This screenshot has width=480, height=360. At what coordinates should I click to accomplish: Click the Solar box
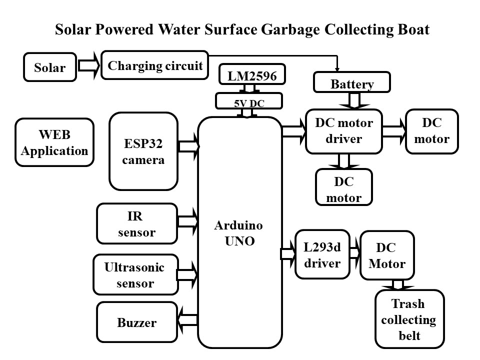[50, 67]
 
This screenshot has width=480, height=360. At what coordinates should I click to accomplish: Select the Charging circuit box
[154, 65]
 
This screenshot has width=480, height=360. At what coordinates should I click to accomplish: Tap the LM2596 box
[252, 75]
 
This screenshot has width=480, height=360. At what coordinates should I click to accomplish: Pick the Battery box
[352, 83]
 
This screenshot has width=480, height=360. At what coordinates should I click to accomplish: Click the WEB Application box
[54, 142]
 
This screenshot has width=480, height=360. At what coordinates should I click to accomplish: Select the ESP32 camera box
[143, 151]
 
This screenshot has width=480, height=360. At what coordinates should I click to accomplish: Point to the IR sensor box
[136, 223]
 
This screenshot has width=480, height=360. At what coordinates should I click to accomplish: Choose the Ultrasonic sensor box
[135, 275]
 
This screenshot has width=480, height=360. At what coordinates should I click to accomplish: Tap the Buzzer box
[136, 322]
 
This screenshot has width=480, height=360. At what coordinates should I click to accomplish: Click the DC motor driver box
[343, 131]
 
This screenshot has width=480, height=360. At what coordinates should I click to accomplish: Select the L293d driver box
[322, 254]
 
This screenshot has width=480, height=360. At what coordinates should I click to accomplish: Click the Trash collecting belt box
[409, 319]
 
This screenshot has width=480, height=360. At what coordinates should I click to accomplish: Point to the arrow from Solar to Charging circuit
[89, 66]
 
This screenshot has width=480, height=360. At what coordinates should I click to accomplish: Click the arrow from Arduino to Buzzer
[187, 318]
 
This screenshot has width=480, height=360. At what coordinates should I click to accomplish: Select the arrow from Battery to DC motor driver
[354, 100]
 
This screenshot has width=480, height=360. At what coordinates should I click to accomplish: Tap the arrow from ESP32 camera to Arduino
[188, 146]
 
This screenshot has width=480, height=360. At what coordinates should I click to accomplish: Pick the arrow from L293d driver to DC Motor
[354, 252]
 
